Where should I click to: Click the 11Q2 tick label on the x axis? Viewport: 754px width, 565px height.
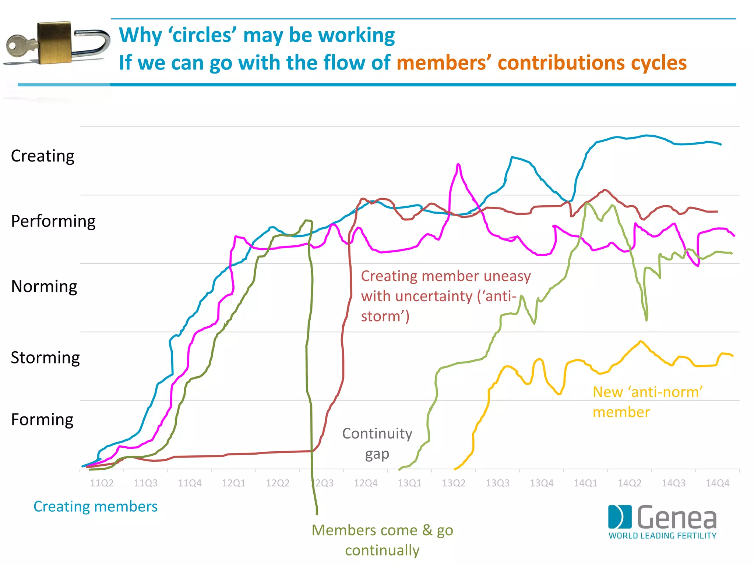click(102, 483)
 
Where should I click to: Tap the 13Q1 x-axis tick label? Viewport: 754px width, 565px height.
click(409, 483)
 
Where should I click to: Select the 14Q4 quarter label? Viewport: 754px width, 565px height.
click(717, 483)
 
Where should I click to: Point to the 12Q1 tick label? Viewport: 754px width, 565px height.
click(233, 483)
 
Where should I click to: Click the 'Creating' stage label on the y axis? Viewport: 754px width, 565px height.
click(43, 156)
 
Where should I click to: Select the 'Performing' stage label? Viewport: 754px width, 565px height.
click(53, 221)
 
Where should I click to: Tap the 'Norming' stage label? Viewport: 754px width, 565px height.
click(44, 286)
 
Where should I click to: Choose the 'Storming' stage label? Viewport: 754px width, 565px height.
click(45, 358)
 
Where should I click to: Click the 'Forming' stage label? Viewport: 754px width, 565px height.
click(42, 419)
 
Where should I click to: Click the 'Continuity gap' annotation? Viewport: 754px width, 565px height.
click(377, 443)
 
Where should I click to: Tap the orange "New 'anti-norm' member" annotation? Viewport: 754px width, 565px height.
click(647, 402)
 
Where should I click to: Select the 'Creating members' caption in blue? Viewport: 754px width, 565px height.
click(95, 507)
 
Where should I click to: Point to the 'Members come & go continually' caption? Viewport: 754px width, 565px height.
click(382, 540)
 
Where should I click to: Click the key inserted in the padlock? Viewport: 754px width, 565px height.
click(20, 46)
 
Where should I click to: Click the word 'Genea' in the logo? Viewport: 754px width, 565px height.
click(677, 518)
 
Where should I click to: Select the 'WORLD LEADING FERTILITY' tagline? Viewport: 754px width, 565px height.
click(662, 536)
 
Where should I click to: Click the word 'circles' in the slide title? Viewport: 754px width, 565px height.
click(202, 35)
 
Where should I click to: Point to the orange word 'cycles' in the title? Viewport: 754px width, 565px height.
click(659, 63)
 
